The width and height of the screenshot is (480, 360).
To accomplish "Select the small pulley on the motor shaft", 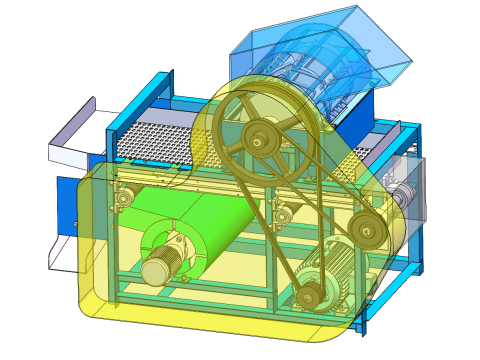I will click(x=309, y=294).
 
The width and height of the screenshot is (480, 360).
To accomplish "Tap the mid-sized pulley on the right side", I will click(x=367, y=232).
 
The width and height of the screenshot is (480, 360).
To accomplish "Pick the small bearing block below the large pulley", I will click(x=283, y=212).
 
